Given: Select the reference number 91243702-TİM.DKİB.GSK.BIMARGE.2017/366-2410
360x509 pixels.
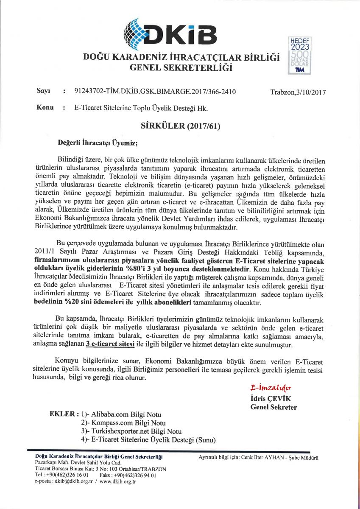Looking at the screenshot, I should pyautogui.click(x=155, y=92).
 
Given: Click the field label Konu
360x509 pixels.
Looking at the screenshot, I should pyautogui.click(x=45, y=108).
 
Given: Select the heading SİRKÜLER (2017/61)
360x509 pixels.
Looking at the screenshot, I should pyautogui.click(x=180, y=126).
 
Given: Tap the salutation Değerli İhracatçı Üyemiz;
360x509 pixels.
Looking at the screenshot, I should pyautogui.click(x=98, y=143).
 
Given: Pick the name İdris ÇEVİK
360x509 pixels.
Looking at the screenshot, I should pyautogui.click(x=271, y=399).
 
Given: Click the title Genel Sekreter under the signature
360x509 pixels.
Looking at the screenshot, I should pyautogui.click(x=273, y=407).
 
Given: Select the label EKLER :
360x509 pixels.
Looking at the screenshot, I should pyautogui.click(x=64, y=414).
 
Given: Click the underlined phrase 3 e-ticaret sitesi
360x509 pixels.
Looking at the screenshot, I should pyautogui.click(x=110, y=344).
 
